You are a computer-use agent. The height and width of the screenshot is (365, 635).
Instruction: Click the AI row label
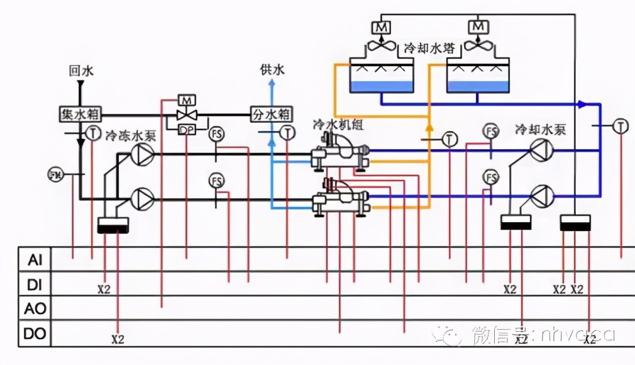pyautogui.click(x=34, y=259)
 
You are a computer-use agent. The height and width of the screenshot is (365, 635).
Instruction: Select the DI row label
pyautogui.click(x=34, y=284)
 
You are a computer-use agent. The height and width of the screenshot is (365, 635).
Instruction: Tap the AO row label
pyautogui.click(x=34, y=309)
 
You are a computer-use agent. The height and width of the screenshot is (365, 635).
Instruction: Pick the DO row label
pyautogui.click(x=34, y=334)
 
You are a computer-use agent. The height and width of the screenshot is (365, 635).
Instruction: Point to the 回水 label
pyautogui.click(x=80, y=70)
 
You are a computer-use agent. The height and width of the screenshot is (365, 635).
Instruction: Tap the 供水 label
pyautogui.click(x=272, y=69)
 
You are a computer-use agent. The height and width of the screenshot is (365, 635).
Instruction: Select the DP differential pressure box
pyautogui.click(x=187, y=130)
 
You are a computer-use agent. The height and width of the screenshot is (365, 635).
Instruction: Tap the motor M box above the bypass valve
pyautogui.click(x=187, y=100)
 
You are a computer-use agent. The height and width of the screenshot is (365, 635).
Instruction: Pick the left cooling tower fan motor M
pyautogui.click(x=381, y=27)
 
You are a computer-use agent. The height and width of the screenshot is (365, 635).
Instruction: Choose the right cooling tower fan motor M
pyautogui.click(x=478, y=27)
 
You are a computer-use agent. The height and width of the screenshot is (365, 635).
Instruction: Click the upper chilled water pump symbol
pyautogui.click(x=142, y=153)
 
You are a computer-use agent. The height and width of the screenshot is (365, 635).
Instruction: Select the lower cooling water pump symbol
pyautogui.click(x=541, y=195)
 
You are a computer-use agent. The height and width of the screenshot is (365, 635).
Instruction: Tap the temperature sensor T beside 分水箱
pyautogui.click(x=288, y=132)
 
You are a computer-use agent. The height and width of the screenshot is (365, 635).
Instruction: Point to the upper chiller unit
pyautogui.click(x=340, y=152)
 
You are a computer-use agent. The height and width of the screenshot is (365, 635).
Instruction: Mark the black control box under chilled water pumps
pyautogui.click(x=113, y=225)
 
